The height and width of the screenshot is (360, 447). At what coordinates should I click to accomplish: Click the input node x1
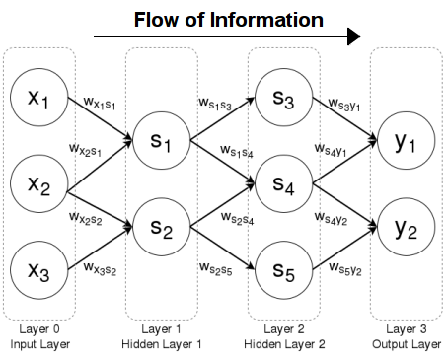(37, 102)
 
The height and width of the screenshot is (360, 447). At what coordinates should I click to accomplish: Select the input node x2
(37, 185)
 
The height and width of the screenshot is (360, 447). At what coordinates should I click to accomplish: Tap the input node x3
(37, 269)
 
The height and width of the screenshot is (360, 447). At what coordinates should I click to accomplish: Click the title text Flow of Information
(228, 19)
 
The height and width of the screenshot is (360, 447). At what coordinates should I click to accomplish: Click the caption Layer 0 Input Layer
(37, 334)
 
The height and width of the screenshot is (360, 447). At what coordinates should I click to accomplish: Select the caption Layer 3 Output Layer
(406, 334)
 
